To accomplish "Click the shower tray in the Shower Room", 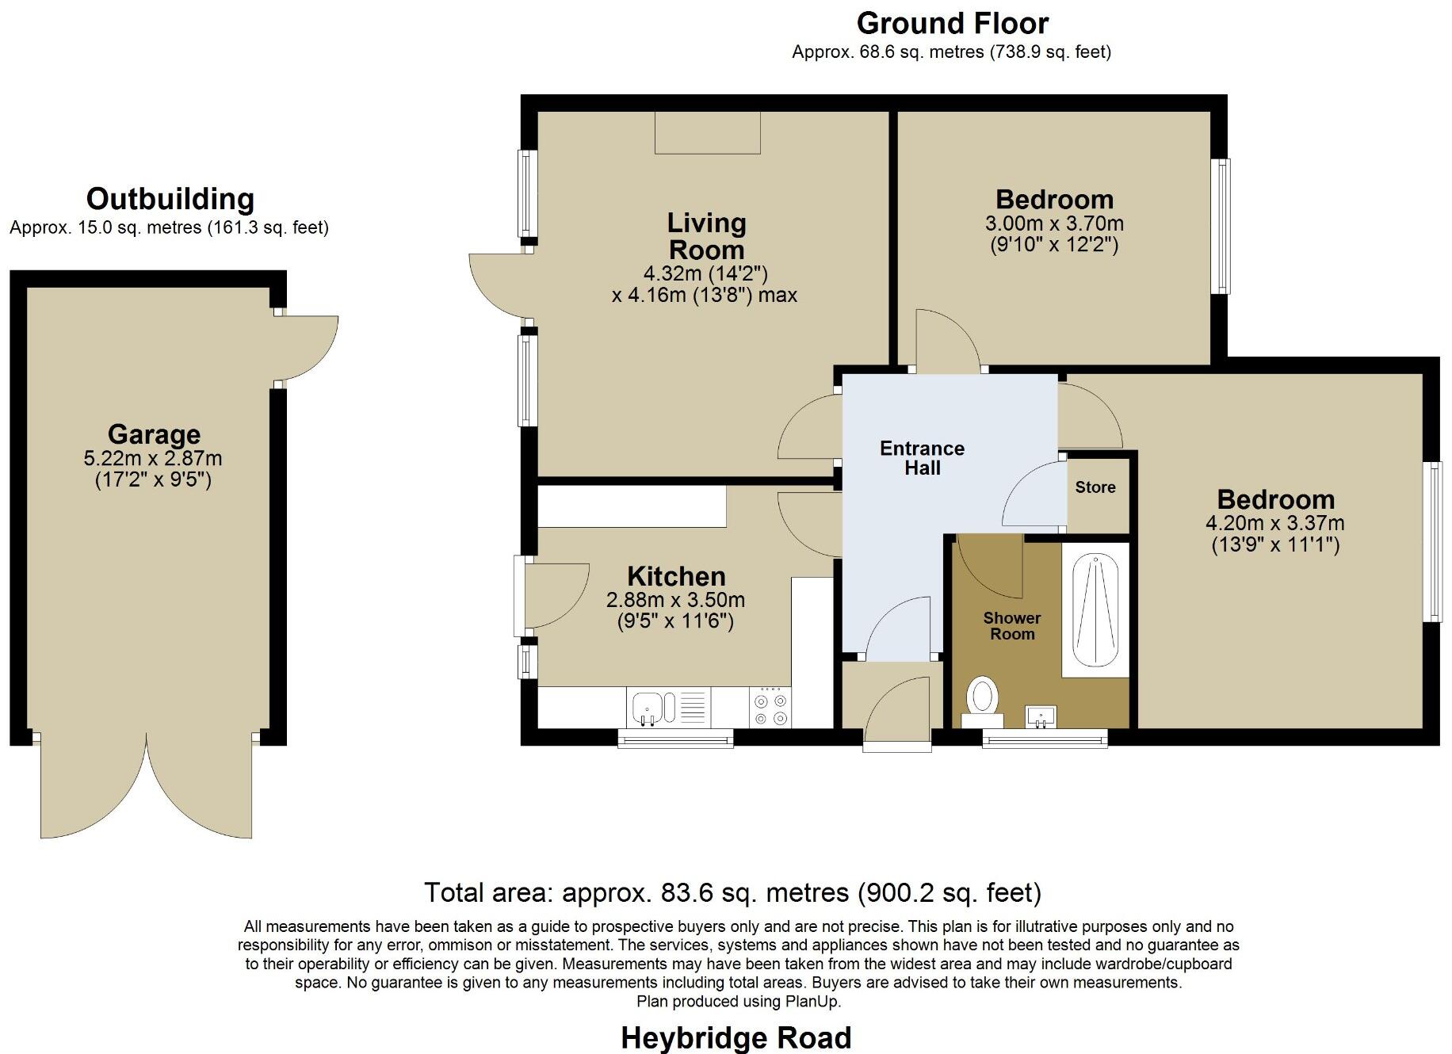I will tap(1095, 610).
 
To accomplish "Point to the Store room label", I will tap(1095, 487).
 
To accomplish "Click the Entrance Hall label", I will tap(922, 458).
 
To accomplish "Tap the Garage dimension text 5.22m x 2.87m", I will tap(153, 458).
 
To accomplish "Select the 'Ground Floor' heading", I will tap(952, 24).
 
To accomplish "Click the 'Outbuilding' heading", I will tap(170, 199).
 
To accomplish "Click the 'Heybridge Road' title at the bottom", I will tap(736, 1037).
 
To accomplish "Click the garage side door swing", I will tap(311, 347).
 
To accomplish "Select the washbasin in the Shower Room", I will tap(1040, 716).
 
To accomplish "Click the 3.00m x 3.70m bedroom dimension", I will tap(1054, 223).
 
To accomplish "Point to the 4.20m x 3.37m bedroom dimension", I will tap(1274, 523).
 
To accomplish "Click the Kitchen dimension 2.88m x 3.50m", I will tap(675, 600).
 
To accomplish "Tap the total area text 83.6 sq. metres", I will tap(732, 892).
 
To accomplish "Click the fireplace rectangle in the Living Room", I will tap(707, 132).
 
